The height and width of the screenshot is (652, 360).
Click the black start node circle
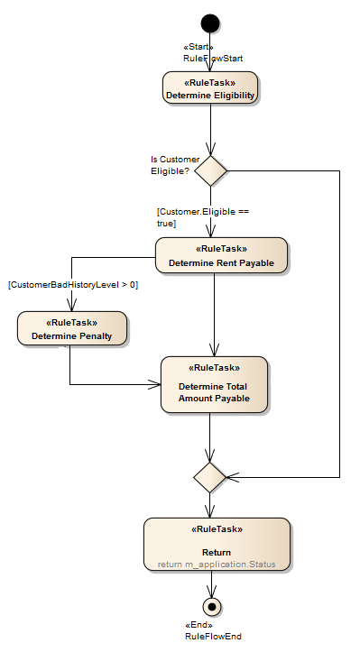coord(209,23)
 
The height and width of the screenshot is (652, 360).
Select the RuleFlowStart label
coord(213,59)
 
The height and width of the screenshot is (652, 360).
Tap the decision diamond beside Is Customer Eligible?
coord(209,170)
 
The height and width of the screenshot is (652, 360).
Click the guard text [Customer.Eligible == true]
coord(202,216)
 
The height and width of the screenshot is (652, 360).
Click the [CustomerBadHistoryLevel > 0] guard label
coord(73,285)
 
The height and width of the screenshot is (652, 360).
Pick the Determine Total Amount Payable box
coord(214,384)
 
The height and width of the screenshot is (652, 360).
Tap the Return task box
coord(216,545)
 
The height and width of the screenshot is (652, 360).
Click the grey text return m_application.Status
coord(216,565)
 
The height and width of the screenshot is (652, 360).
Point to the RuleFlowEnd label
coord(213,636)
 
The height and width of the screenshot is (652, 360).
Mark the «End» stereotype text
coord(199,625)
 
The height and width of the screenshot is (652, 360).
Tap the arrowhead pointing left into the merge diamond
coord(232,476)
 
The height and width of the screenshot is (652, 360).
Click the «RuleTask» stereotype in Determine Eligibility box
coord(209,82)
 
